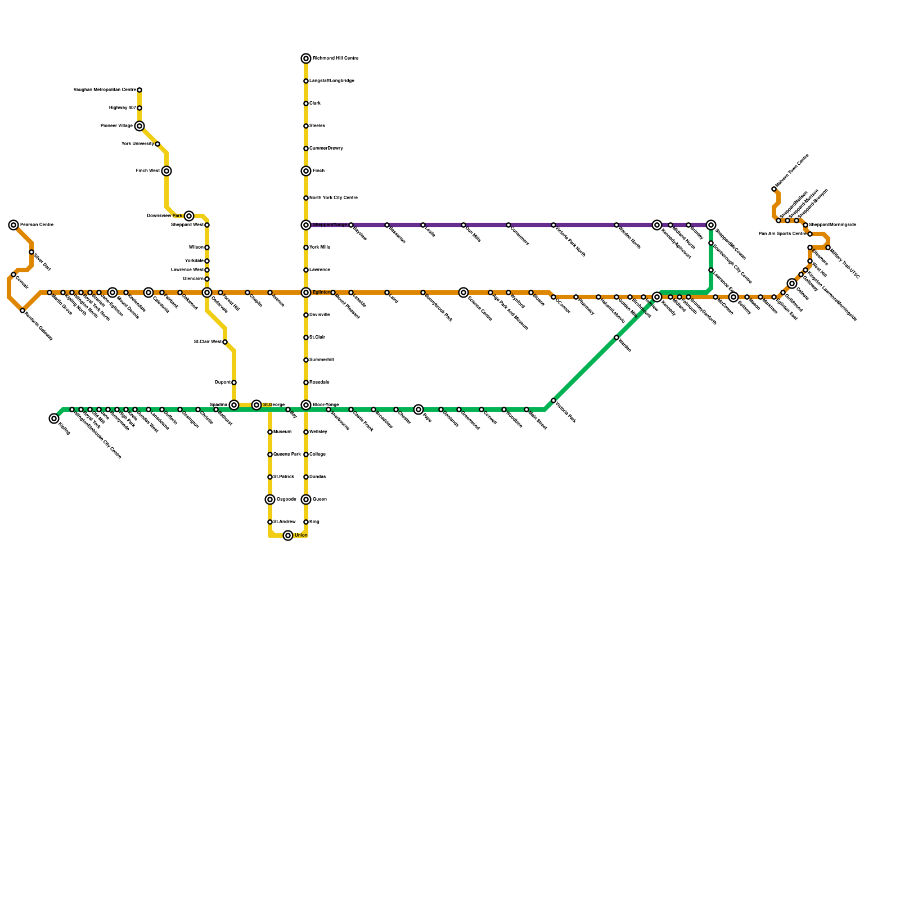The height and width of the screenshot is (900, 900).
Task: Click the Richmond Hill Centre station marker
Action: [x=306, y=58]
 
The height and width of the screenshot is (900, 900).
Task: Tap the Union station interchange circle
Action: [x=288, y=535]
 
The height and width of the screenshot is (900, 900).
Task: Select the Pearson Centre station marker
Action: [x=13, y=225]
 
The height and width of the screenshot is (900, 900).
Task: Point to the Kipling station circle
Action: [x=54, y=418]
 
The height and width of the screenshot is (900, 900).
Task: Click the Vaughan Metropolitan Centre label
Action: [x=105, y=90]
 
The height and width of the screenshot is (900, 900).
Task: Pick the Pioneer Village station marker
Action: [x=139, y=126]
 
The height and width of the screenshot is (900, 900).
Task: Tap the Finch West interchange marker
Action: [x=166, y=171]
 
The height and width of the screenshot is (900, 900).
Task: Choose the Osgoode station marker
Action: [x=270, y=499]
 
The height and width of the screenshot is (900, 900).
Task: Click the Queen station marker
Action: [x=306, y=499]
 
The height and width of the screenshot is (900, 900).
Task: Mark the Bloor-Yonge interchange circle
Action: [x=306, y=405]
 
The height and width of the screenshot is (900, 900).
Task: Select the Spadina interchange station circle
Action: [x=234, y=405]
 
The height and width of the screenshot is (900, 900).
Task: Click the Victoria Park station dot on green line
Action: [x=553, y=400]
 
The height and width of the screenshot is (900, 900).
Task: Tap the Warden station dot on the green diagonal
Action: [x=616, y=337]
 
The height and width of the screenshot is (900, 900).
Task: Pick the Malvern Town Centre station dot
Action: [x=774, y=189]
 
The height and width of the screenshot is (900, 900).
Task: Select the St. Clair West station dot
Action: [x=225, y=342]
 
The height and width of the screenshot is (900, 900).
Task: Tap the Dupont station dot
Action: [x=234, y=382]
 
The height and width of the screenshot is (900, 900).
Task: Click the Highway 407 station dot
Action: [x=139, y=108]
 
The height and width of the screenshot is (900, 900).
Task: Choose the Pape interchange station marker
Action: [x=418, y=409]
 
